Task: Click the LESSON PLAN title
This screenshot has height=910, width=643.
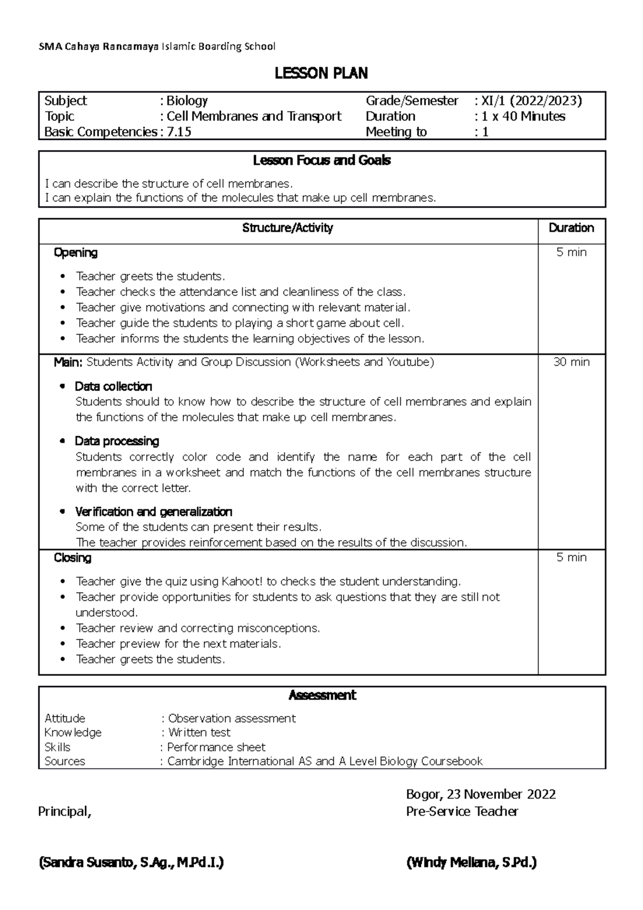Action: (x=321, y=73)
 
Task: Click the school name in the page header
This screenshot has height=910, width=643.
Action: (x=157, y=47)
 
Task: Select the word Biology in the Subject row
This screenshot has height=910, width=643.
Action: (x=187, y=101)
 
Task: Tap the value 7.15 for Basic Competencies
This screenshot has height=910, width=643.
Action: (x=178, y=132)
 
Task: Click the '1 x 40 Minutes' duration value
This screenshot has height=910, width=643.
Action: (x=523, y=116)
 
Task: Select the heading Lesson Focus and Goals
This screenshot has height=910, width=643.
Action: (x=322, y=160)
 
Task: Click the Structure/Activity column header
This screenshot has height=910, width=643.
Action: (x=288, y=228)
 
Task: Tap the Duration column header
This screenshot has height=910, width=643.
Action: (x=571, y=228)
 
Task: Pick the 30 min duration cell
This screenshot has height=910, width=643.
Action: (x=571, y=362)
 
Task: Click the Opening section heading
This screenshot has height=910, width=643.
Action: (x=76, y=252)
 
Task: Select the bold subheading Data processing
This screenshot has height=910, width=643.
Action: (x=117, y=441)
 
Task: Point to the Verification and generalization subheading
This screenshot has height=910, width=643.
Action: (x=153, y=511)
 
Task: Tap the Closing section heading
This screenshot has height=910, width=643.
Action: (x=72, y=558)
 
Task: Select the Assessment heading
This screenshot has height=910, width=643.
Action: (x=322, y=695)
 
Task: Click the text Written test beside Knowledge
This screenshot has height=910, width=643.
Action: (x=199, y=733)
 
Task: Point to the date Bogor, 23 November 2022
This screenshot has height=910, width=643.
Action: (x=481, y=794)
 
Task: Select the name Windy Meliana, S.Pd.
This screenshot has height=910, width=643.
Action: (x=472, y=863)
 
